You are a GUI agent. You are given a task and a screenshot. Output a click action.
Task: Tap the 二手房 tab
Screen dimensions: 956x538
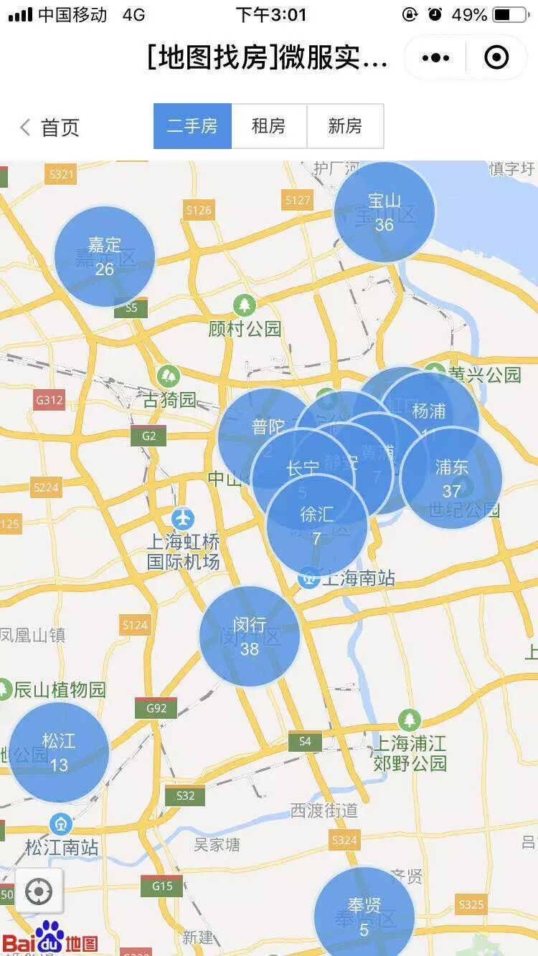192,126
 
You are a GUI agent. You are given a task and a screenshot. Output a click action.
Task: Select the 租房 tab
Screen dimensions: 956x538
268,126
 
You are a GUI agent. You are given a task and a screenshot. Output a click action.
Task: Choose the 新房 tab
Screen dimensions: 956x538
345,126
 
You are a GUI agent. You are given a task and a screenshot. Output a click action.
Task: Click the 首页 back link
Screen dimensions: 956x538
49,128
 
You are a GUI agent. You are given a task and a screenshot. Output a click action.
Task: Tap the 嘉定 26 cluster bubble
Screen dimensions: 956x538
105,257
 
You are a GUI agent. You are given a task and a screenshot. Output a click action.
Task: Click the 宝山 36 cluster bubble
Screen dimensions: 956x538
384,212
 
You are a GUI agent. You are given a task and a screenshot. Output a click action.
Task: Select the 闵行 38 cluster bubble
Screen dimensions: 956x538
250,636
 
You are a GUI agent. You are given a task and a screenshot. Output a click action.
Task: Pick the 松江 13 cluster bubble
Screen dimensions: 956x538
59,752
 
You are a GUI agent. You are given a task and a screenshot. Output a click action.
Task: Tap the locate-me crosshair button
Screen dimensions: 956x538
39,892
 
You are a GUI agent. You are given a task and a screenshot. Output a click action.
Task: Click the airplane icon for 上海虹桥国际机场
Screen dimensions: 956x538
184,517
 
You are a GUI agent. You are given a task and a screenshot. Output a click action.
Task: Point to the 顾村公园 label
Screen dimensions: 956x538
245,329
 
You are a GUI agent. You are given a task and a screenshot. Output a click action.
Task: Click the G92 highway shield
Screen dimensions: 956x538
156,708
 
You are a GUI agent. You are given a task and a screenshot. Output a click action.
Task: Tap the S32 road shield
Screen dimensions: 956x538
185,795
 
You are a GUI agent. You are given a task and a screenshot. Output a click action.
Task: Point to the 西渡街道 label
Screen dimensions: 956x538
324,811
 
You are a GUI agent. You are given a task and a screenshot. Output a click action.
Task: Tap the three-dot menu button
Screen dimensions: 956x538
436,57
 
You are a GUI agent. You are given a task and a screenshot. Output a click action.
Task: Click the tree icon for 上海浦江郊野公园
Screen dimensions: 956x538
410,719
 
